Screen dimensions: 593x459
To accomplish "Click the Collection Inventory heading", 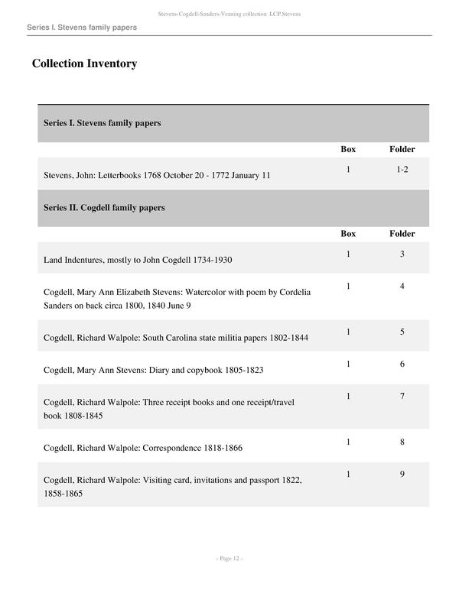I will (x=84, y=63).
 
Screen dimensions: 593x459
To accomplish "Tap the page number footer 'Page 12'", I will (x=229, y=559).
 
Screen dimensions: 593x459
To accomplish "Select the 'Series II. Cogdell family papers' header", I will (x=104, y=207).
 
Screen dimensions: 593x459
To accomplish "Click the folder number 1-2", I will (x=402, y=169).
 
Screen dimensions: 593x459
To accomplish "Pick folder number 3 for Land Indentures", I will (x=402, y=254).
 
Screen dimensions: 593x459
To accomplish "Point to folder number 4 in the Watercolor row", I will (x=402, y=287).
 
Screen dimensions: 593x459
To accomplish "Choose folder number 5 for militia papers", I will (x=402, y=332).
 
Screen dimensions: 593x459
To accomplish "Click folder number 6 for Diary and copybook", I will (x=402, y=365).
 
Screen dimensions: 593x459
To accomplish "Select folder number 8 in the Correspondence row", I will (x=402, y=442).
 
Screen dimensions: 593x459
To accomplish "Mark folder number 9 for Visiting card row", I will (x=402, y=475).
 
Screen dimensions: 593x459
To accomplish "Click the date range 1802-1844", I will (x=286, y=338).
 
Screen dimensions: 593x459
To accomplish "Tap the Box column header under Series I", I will (x=348, y=149).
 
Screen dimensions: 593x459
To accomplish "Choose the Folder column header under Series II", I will (x=402, y=233).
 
